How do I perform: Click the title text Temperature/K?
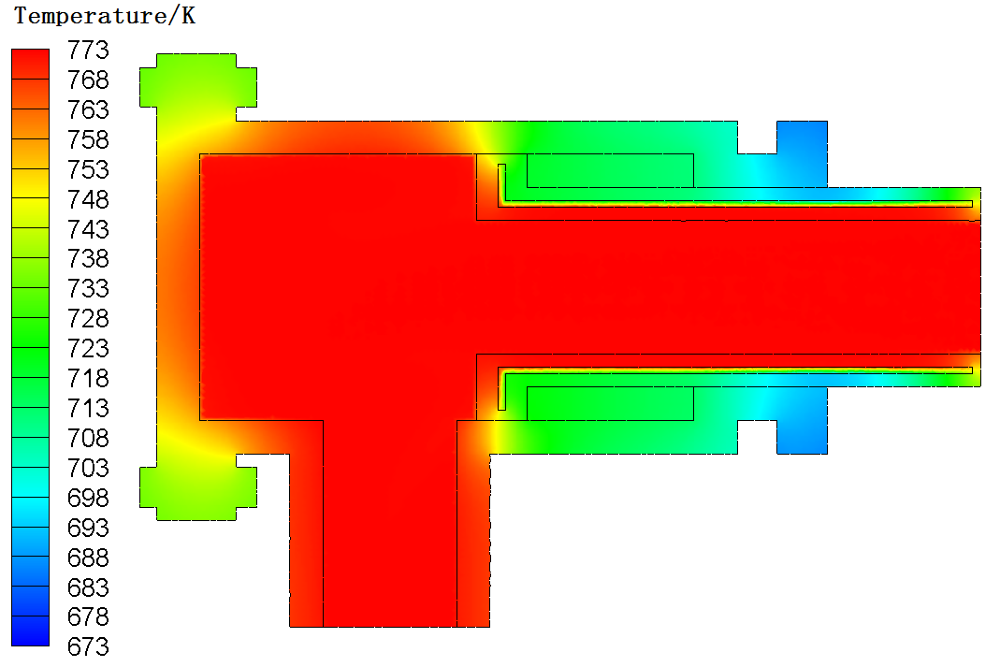[x=105, y=15]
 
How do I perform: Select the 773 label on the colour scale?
[x=88, y=50]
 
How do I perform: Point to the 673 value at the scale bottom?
[x=88, y=646]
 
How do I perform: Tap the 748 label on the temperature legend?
[x=88, y=199]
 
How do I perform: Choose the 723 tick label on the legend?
[x=88, y=348]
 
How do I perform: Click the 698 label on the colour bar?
[x=88, y=498]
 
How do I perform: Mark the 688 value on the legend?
[x=88, y=558]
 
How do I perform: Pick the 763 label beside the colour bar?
[x=88, y=109]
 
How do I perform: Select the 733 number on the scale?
[x=88, y=288]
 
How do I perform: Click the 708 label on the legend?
[x=88, y=438]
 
